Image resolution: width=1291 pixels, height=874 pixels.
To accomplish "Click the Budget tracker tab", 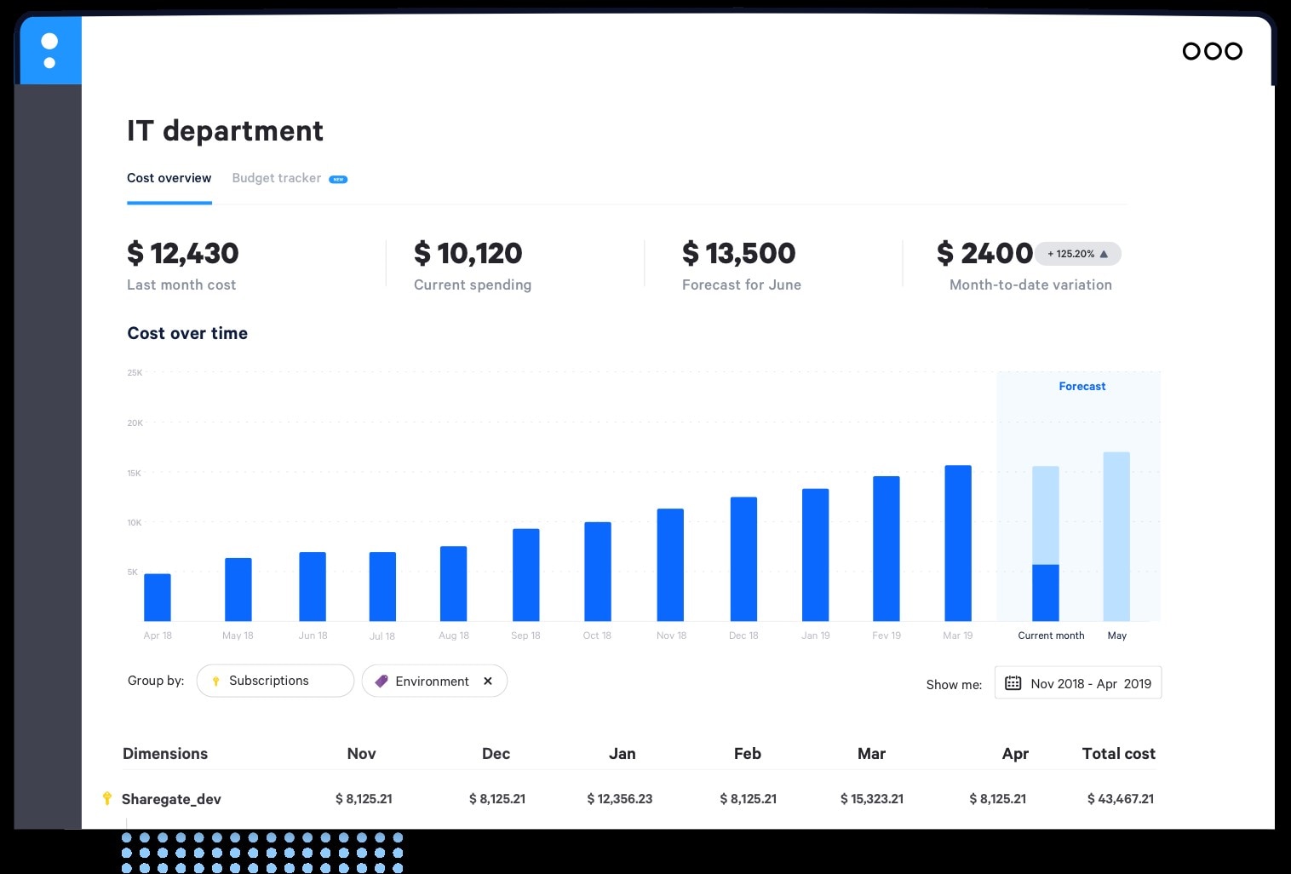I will [x=277, y=178].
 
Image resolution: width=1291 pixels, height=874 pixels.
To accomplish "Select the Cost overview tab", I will [x=169, y=178].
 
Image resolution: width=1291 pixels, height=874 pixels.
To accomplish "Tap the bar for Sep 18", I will [x=525, y=574].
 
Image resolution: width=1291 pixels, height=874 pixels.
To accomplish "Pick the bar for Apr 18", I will [x=158, y=597].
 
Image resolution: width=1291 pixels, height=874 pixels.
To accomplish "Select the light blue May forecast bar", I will [x=1116, y=536].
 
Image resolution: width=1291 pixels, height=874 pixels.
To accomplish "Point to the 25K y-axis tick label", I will [x=135, y=372].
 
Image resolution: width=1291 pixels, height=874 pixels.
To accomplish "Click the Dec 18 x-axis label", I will [x=743, y=635].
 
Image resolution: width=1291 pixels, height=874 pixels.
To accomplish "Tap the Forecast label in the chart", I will [x=1082, y=386].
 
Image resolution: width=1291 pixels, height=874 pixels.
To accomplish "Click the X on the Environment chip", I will [x=488, y=681].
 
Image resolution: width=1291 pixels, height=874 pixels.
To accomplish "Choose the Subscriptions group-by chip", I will [x=274, y=681].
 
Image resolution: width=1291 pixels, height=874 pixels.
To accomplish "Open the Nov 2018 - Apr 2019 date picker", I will [x=1078, y=683].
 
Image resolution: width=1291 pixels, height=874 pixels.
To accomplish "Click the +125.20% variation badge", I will [x=1077, y=254].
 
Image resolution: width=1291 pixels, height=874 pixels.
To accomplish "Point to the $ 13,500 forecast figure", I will [x=738, y=253].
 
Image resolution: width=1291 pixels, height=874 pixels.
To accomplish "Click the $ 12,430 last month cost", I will [x=182, y=253].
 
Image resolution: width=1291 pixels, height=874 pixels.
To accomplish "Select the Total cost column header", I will [x=1118, y=753].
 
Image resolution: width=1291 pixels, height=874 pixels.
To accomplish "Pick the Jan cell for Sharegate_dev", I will [x=619, y=798].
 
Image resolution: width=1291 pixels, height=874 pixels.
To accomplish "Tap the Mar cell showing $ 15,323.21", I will [x=871, y=798].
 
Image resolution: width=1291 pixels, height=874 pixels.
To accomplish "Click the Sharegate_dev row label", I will [x=171, y=799].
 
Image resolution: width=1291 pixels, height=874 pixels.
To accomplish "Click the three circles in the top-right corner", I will [x=1212, y=51].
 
